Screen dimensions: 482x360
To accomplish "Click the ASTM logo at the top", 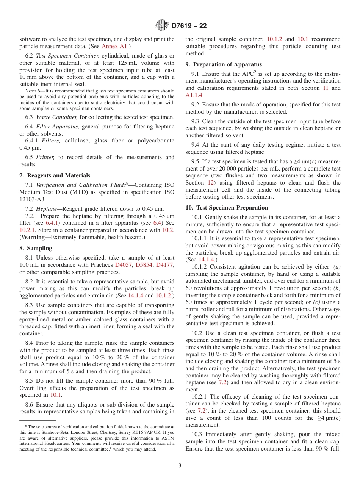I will [162, 26].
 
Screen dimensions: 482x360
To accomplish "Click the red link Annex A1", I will [116, 47].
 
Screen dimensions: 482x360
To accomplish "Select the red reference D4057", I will [123, 265].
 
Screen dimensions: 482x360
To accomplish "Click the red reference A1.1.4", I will [194, 95].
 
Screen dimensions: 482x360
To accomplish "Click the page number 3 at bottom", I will [180, 465].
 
